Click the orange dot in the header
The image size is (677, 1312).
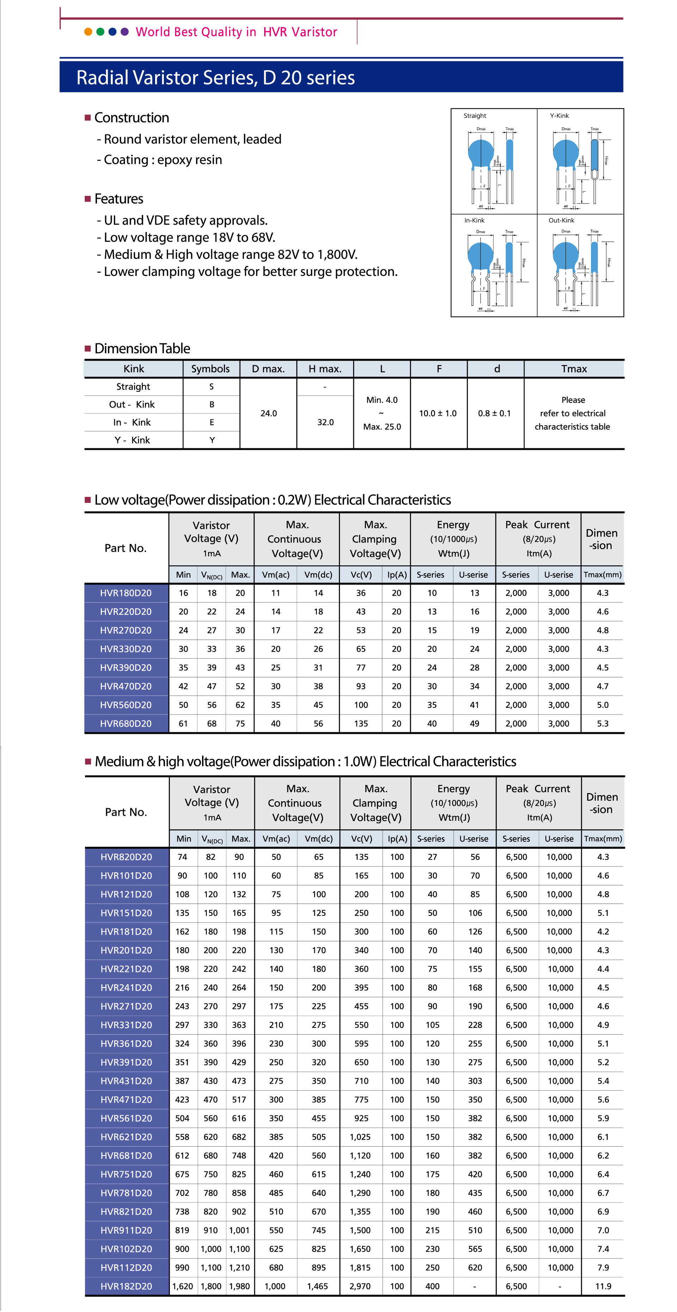tap(88, 32)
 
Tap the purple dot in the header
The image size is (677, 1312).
tap(125, 32)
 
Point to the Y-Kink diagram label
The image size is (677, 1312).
tap(559, 116)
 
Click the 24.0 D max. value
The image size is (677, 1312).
tap(268, 413)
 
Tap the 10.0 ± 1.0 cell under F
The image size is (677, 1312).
tap(438, 413)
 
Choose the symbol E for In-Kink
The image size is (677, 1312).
tap(212, 423)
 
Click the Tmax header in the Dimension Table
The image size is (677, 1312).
tap(574, 369)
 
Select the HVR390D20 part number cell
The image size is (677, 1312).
tap(126, 668)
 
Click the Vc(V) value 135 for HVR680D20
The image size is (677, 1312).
tap(361, 724)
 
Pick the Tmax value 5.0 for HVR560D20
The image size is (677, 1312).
tap(603, 705)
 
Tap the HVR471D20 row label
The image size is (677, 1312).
tap(126, 1099)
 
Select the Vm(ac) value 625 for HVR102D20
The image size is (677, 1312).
tap(276, 1249)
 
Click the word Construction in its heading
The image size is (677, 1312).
tap(132, 118)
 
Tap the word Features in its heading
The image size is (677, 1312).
tap(119, 199)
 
